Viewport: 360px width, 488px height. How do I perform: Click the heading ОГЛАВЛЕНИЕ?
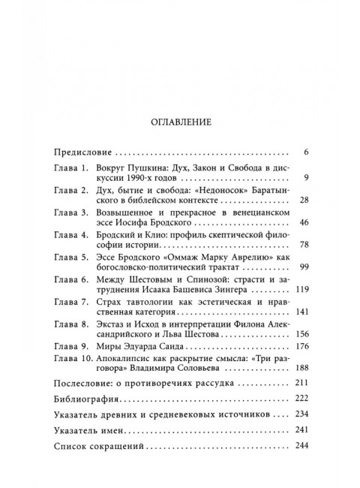click(179, 119)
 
